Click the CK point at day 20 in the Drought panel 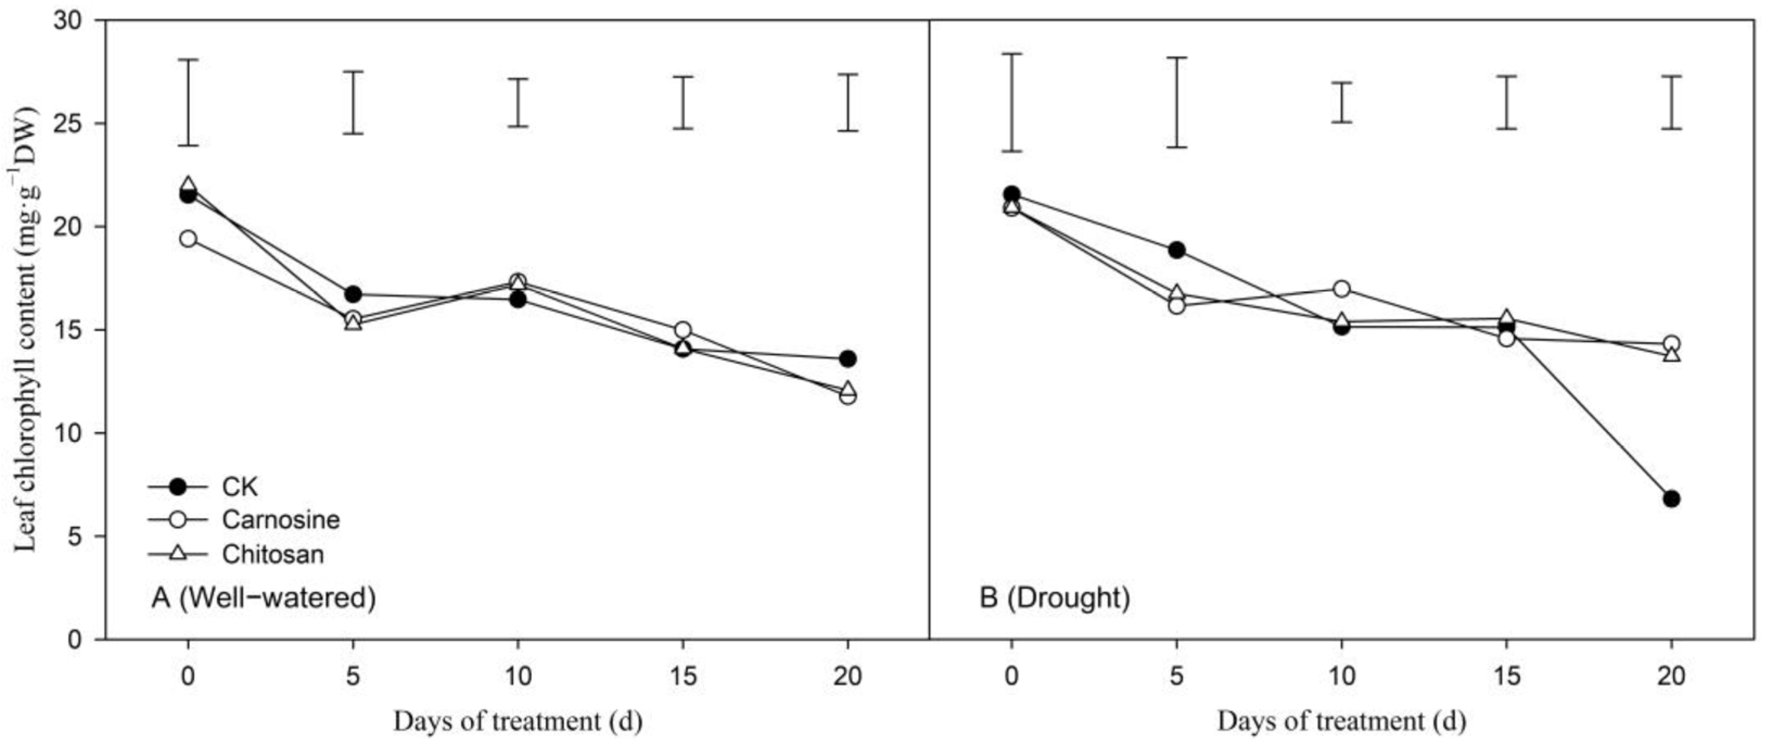1671,499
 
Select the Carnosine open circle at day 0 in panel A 188,238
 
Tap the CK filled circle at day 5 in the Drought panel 1176,250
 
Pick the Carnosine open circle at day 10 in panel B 1342,289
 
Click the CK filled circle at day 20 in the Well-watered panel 848,358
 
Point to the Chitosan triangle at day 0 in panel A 188,185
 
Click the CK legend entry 239,487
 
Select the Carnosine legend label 280,520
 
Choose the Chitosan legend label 273,554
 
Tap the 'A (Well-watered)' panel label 264,598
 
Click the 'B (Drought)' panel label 1054,598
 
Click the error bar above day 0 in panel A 188,102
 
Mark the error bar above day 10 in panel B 1342,102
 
